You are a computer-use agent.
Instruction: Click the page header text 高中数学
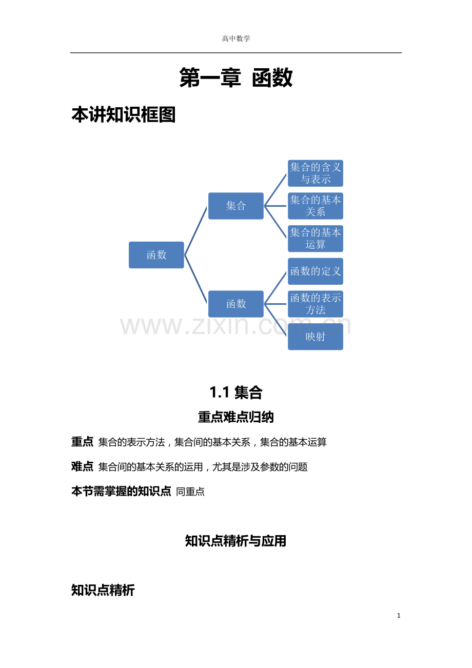(236, 38)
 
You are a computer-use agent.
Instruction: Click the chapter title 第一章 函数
(236, 77)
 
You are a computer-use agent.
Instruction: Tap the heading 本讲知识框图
(124, 114)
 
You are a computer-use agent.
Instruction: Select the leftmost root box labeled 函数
(156, 255)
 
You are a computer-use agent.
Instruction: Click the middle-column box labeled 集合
(236, 206)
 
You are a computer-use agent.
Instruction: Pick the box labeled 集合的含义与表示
(316, 173)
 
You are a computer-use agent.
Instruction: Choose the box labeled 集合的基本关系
(316, 206)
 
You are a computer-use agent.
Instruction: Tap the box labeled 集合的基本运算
(316, 239)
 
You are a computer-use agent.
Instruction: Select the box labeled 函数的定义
(316, 271)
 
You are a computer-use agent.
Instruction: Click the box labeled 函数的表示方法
(316, 304)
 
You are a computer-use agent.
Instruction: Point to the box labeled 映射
(316, 337)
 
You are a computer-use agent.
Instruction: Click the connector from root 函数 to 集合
(195, 230)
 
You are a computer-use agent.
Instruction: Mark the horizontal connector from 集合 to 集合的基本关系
(275, 206)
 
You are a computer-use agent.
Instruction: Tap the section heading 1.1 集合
(236, 392)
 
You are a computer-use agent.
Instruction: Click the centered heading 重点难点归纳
(236, 417)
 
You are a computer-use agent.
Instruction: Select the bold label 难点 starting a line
(82, 466)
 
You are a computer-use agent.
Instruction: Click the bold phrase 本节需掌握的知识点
(121, 491)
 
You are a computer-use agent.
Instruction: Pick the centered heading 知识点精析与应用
(236, 541)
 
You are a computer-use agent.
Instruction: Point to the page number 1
(399, 616)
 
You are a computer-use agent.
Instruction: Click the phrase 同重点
(190, 492)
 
